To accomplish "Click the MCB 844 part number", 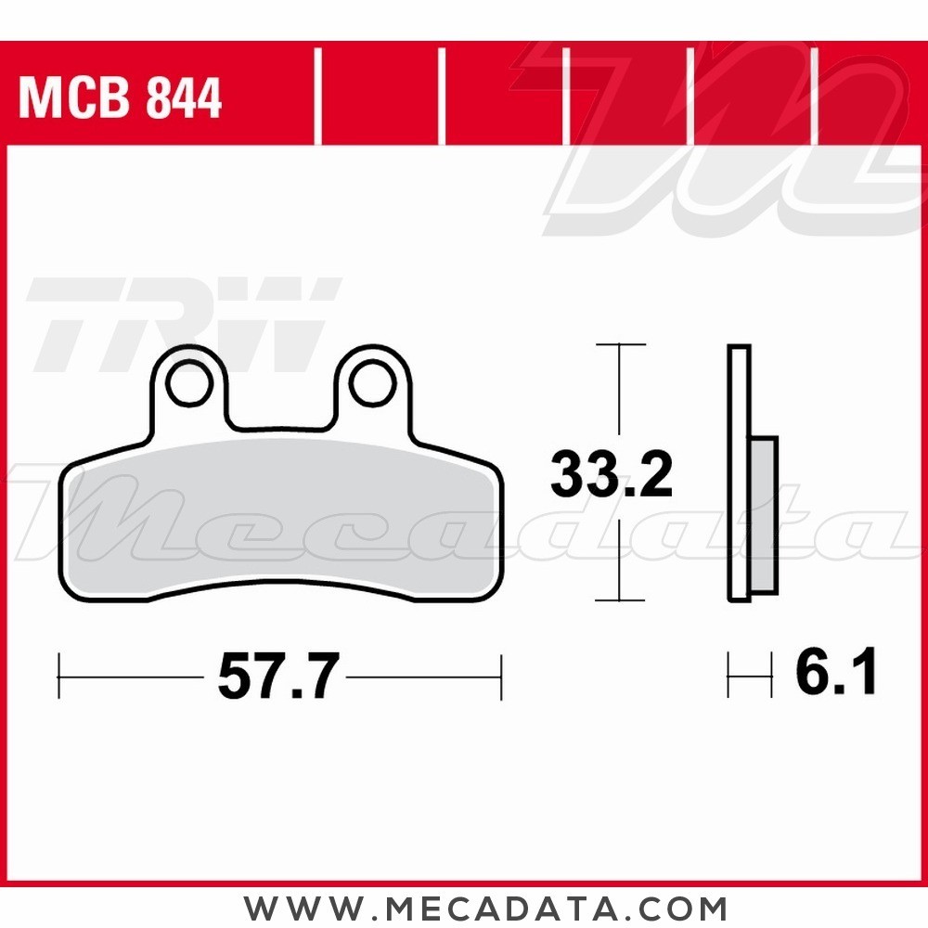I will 121,98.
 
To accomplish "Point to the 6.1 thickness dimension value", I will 835,674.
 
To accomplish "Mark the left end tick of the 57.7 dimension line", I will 59,677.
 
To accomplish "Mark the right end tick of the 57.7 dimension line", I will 501,677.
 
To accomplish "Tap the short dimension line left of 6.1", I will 750,676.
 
